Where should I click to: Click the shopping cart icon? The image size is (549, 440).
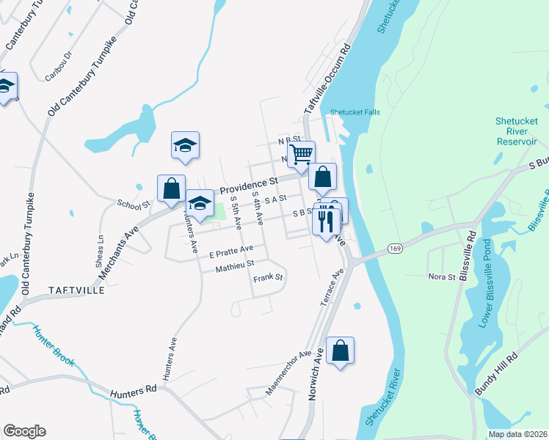(301, 154)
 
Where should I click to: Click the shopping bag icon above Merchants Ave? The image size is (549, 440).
(171, 188)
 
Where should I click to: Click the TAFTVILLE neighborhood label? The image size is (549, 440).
(76, 290)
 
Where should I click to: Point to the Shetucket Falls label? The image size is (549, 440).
(355, 112)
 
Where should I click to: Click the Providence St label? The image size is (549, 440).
(250, 182)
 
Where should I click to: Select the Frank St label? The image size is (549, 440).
(268, 278)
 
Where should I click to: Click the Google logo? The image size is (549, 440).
(24, 431)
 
